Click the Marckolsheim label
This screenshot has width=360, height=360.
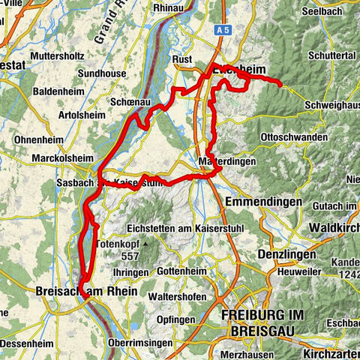(66, 158)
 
